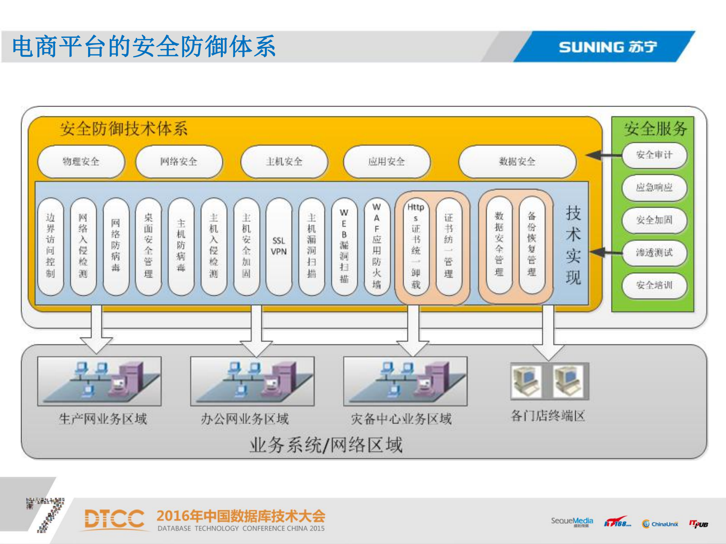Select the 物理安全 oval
(x=81, y=162)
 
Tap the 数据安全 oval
(x=517, y=162)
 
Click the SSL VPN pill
(x=279, y=246)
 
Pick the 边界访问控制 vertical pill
(x=50, y=246)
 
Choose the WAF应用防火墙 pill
(x=376, y=246)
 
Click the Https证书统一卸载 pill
(x=416, y=246)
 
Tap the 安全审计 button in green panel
(x=654, y=155)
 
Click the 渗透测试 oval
(x=654, y=253)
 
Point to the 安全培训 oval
(x=654, y=285)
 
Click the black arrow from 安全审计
(x=604, y=155)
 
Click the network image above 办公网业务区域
(x=252, y=381)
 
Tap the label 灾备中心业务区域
(x=401, y=419)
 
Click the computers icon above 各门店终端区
(x=549, y=381)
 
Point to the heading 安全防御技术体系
(x=123, y=129)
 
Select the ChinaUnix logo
(x=660, y=524)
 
